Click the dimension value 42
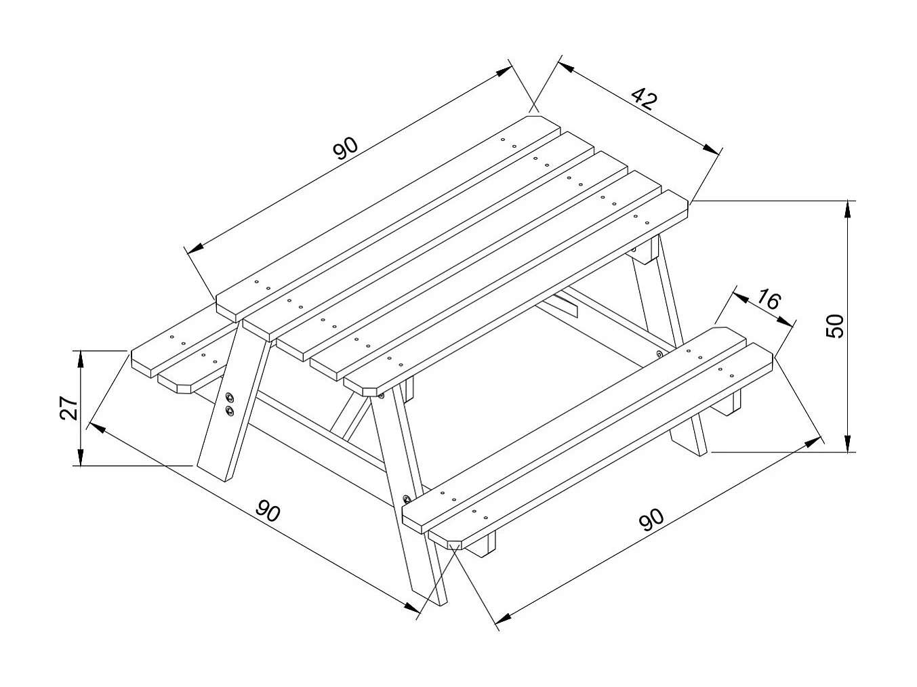(x=645, y=100)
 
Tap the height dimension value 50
(x=836, y=326)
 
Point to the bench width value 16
(x=769, y=299)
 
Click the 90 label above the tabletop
(x=345, y=147)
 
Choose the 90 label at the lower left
(x=268, y=512)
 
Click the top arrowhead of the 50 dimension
(x=847, y=207)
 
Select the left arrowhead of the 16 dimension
(x=738, y=295)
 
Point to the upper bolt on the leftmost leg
(x=230, y=397)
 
